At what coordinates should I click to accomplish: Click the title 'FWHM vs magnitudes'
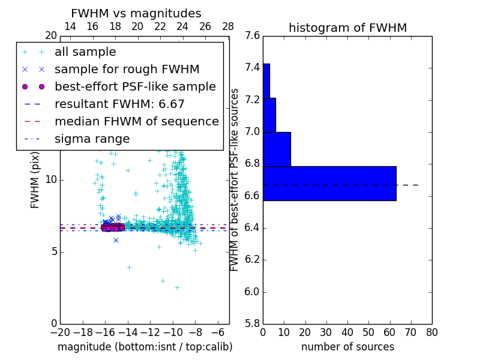(x=136, y=14)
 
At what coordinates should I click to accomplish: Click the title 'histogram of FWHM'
(x=347, y=28)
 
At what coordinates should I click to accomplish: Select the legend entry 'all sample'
(x=85, y=52)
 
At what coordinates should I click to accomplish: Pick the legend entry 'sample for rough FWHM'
(x=127, y=69)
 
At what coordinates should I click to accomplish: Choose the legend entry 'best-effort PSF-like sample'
(x=135, y=86)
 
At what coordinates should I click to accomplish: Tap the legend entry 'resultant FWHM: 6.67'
(x=119, y=104)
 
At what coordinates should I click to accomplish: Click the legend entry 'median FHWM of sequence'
(x=136, y=121)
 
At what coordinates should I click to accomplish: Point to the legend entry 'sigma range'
(x=92, y=139)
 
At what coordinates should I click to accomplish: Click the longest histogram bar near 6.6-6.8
(x=329, y=183)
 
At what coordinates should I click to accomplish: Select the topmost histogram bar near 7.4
(x=266, y=80)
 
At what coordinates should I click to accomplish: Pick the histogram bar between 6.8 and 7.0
(x=277, y=149)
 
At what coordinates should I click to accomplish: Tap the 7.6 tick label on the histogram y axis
(x=253, y=35)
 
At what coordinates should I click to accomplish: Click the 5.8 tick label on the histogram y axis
(x=253, y=324)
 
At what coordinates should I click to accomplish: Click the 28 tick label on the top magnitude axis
(x=228, y=26)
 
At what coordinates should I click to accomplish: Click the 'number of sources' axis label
(x=347, y=347)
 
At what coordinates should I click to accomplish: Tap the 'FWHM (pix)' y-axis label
(x=35, y=180)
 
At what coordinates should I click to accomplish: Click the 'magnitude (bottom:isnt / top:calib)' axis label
(x=145, y=347)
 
